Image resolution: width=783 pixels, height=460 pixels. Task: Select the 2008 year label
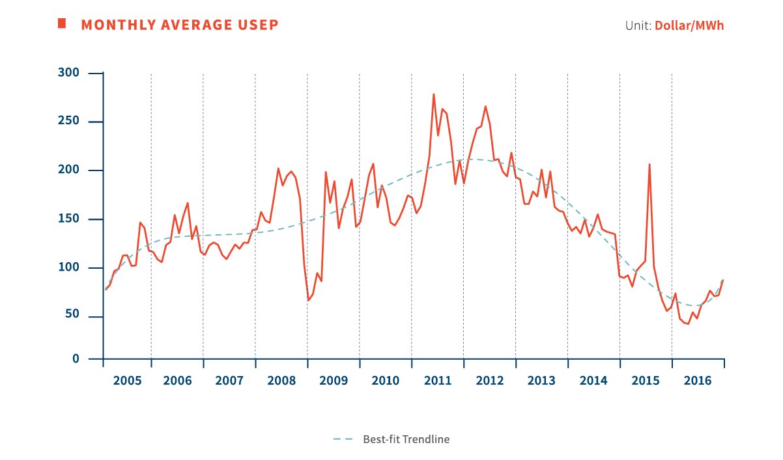pos(281,379)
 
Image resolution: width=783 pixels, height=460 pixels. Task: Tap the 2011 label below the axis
pos(437,379)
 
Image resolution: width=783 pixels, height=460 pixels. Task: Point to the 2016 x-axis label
pos(698,379)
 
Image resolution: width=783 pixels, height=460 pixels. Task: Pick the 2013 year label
pos(541,379)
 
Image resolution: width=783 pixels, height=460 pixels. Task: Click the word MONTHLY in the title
pos(111,25)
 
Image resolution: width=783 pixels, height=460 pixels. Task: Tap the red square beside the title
pos(62,23)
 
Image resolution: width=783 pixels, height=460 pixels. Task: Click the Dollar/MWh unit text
pos(689,26)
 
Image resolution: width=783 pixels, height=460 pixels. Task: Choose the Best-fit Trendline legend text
pos(406,439)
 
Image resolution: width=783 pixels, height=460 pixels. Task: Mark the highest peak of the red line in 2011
pos(434,94)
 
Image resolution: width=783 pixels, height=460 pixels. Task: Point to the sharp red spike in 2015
pos(649,164)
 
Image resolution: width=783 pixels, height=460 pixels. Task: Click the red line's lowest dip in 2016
pos(688,324)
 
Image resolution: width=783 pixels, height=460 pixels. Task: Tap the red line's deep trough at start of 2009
pos(308,300)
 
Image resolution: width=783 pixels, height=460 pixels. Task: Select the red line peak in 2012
pos(485,106)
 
